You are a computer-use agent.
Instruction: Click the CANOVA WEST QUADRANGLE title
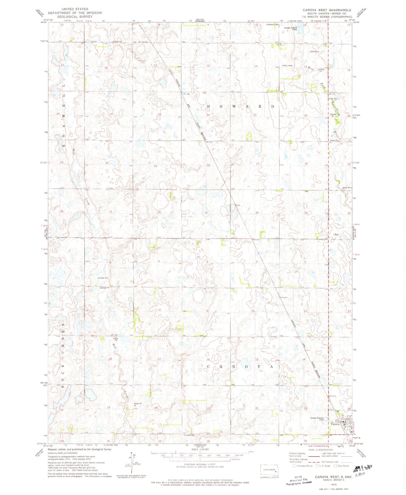tap(327, 10)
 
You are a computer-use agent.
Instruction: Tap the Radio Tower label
tap(288, 65)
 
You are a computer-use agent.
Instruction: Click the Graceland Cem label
tap(272, 25)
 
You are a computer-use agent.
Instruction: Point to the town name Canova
tap(335, 424)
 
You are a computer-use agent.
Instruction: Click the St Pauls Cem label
tap(189, 435)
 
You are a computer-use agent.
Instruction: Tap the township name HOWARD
tap(241, 107)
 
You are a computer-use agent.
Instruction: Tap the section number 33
tap(206, 213)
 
